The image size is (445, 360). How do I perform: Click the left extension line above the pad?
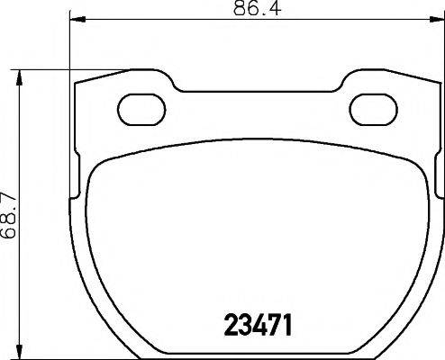tap(69, 45)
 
